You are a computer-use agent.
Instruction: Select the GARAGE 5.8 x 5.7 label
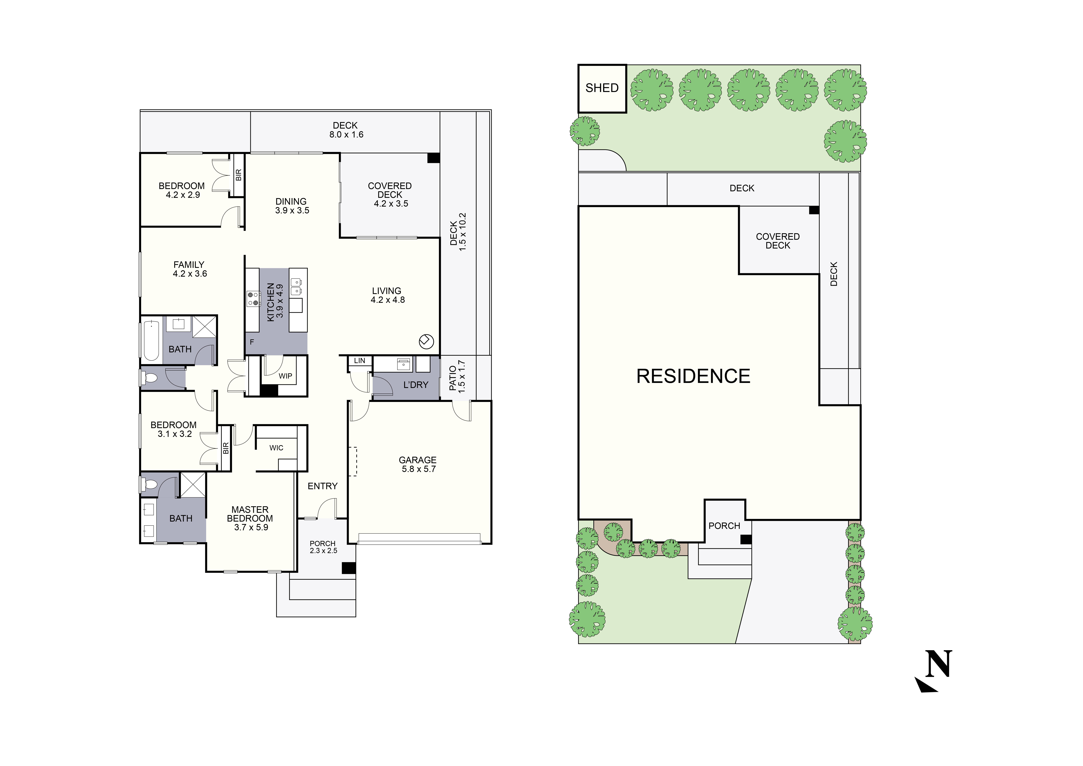pyautogui.click(x=418, y=464)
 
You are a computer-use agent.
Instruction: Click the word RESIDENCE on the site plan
pyautogui.click(x=693, y=376)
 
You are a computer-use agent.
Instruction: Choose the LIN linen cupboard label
pyautogui.click(x=359, y=361)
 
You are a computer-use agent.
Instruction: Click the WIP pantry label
pyautogui.click(x=285, y=376)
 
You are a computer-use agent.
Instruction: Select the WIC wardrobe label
pyautogui.click(x=276, y=448)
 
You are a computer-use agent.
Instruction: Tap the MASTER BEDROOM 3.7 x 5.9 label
pyautogui.click(x=250, y=518)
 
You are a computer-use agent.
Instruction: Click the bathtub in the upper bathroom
pyautogui.click(x=151, y=340)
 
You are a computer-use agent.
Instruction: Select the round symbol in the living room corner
pyautogui.click(x=426, y=342)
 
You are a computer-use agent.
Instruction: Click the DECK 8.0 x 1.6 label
pyautogui.click(x=346, y=130)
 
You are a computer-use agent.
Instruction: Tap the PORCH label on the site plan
pyautogui.click(x=724, y=526)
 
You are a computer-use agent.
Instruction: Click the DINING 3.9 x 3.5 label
pyautogui.click(x=292, y=206)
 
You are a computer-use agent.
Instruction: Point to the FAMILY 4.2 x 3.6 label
pyautogui.click(x=189, y=269)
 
